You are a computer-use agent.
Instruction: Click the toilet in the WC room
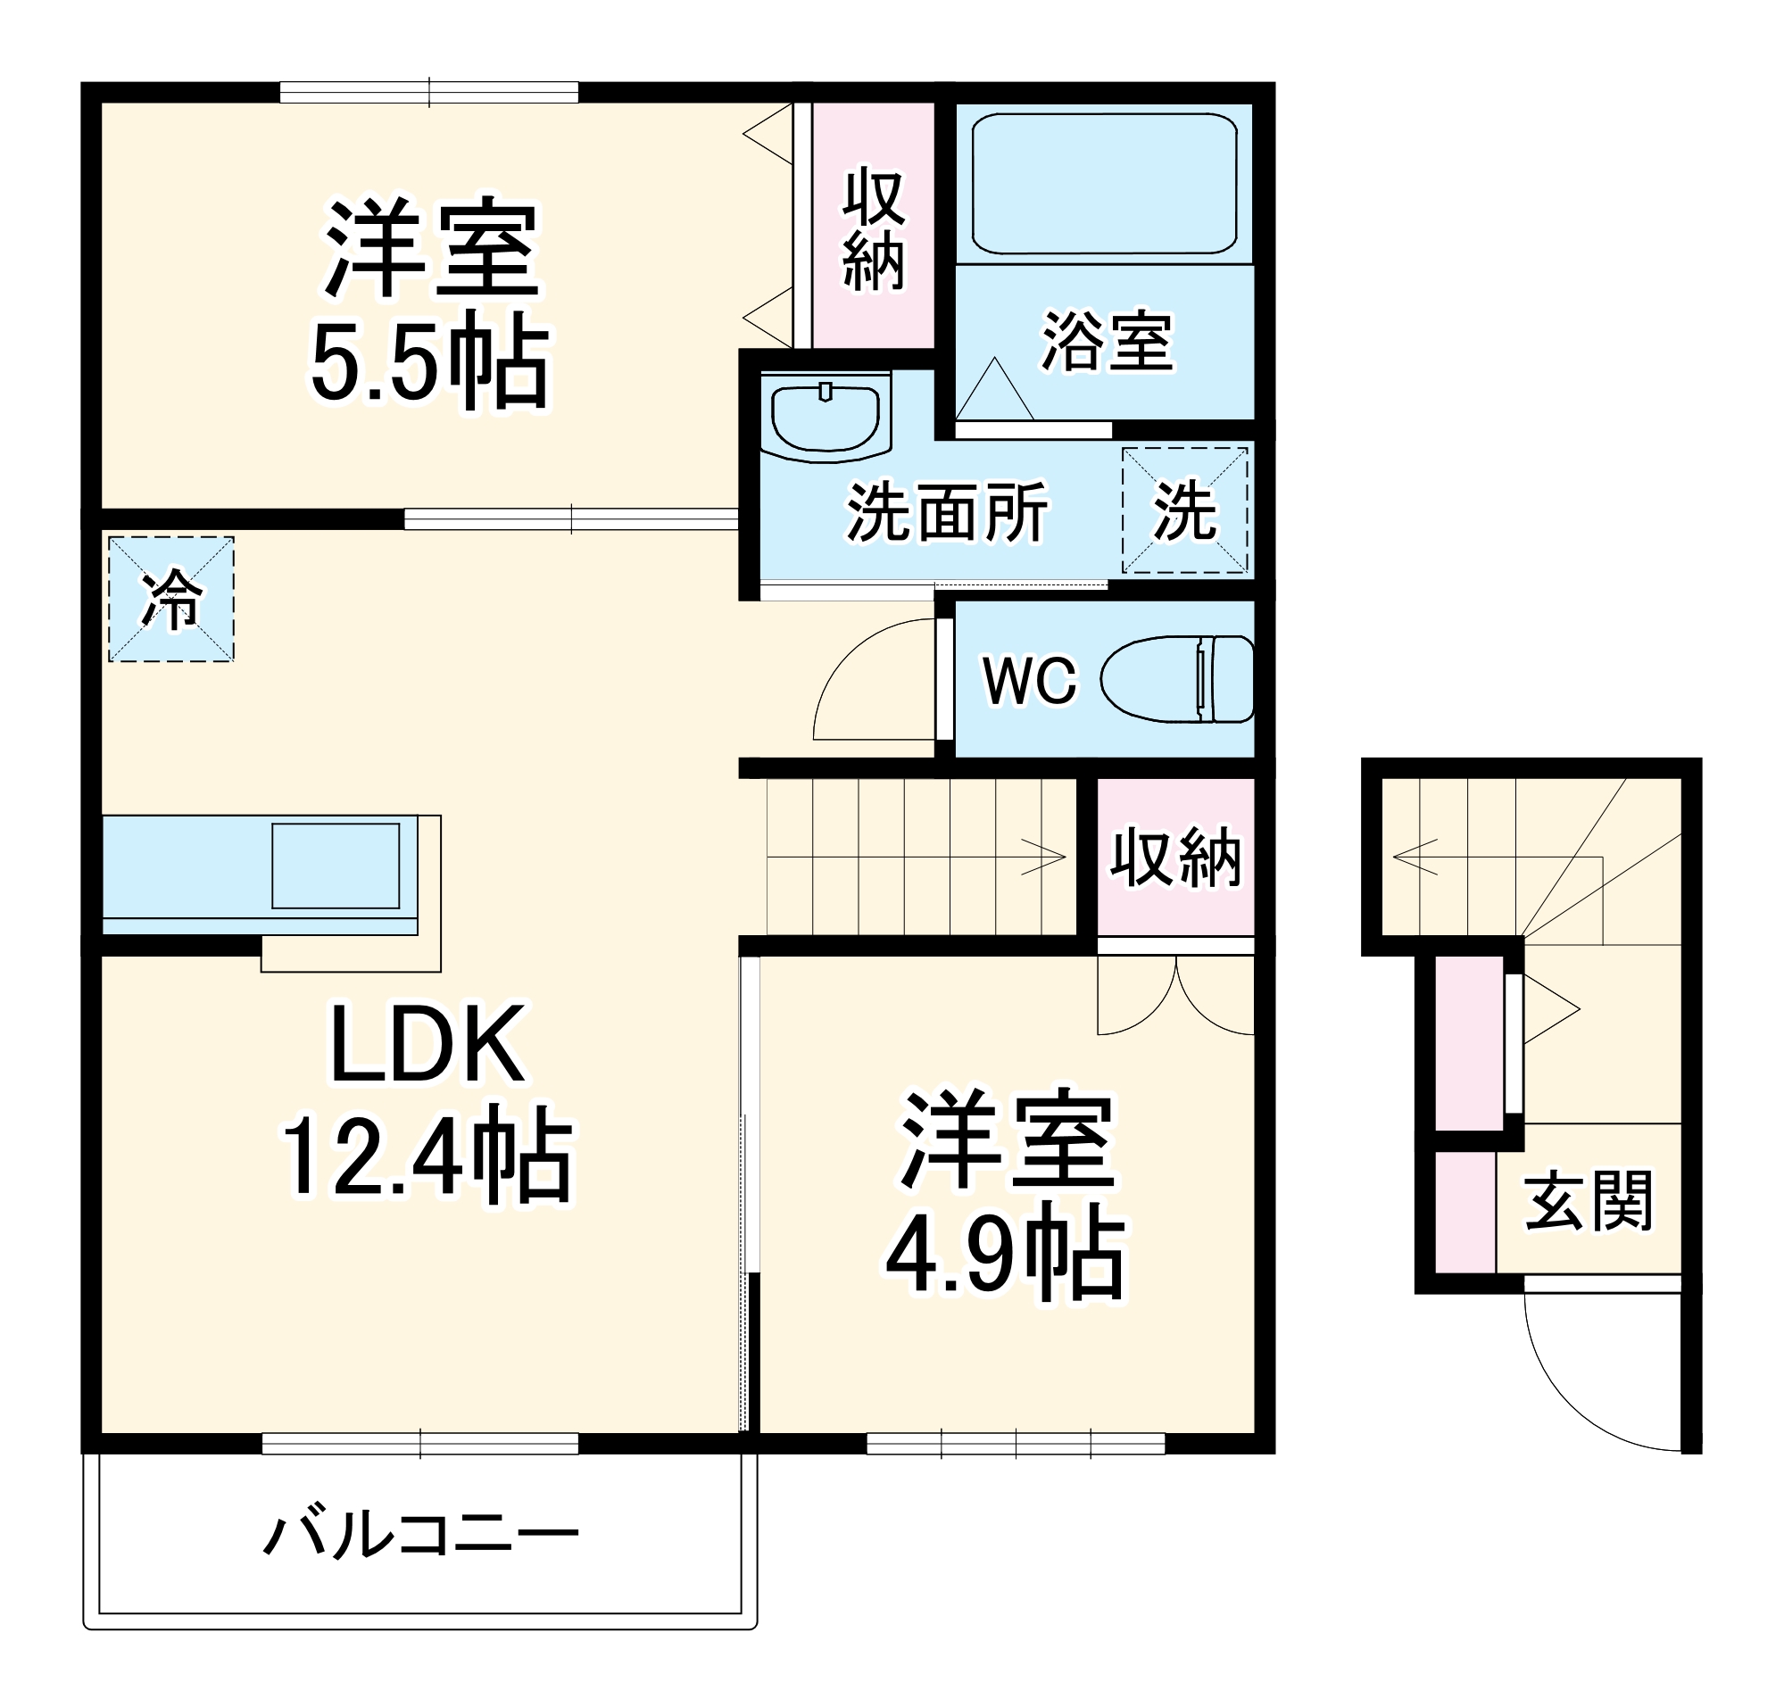1177,678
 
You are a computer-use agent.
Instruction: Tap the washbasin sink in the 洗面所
825,415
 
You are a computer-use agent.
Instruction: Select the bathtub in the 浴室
1104,184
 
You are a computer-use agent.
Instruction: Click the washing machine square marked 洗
1184,510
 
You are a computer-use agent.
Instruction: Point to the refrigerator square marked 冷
171,599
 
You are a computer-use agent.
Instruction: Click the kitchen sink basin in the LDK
335,865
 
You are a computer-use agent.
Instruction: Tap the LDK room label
427,1045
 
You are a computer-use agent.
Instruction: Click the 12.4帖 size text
427,1156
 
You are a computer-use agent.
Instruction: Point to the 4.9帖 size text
1004,1255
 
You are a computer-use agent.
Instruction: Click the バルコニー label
421,1534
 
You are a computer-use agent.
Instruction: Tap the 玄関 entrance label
1589,1201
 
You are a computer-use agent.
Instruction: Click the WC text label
1031,680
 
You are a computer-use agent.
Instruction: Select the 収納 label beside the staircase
1175,857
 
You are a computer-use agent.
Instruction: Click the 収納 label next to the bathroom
873,230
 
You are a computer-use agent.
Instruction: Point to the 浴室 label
1107,343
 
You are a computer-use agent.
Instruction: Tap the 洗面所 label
946,511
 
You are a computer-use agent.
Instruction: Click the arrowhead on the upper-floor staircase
1050,856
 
